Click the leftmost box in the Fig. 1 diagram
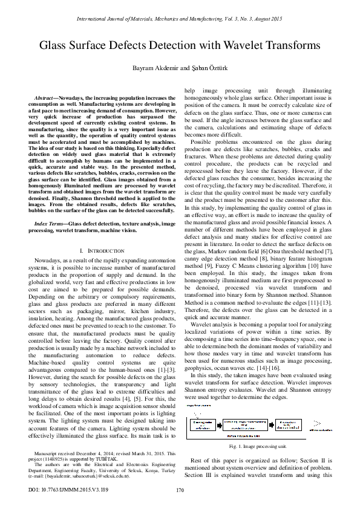coord(205,425)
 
